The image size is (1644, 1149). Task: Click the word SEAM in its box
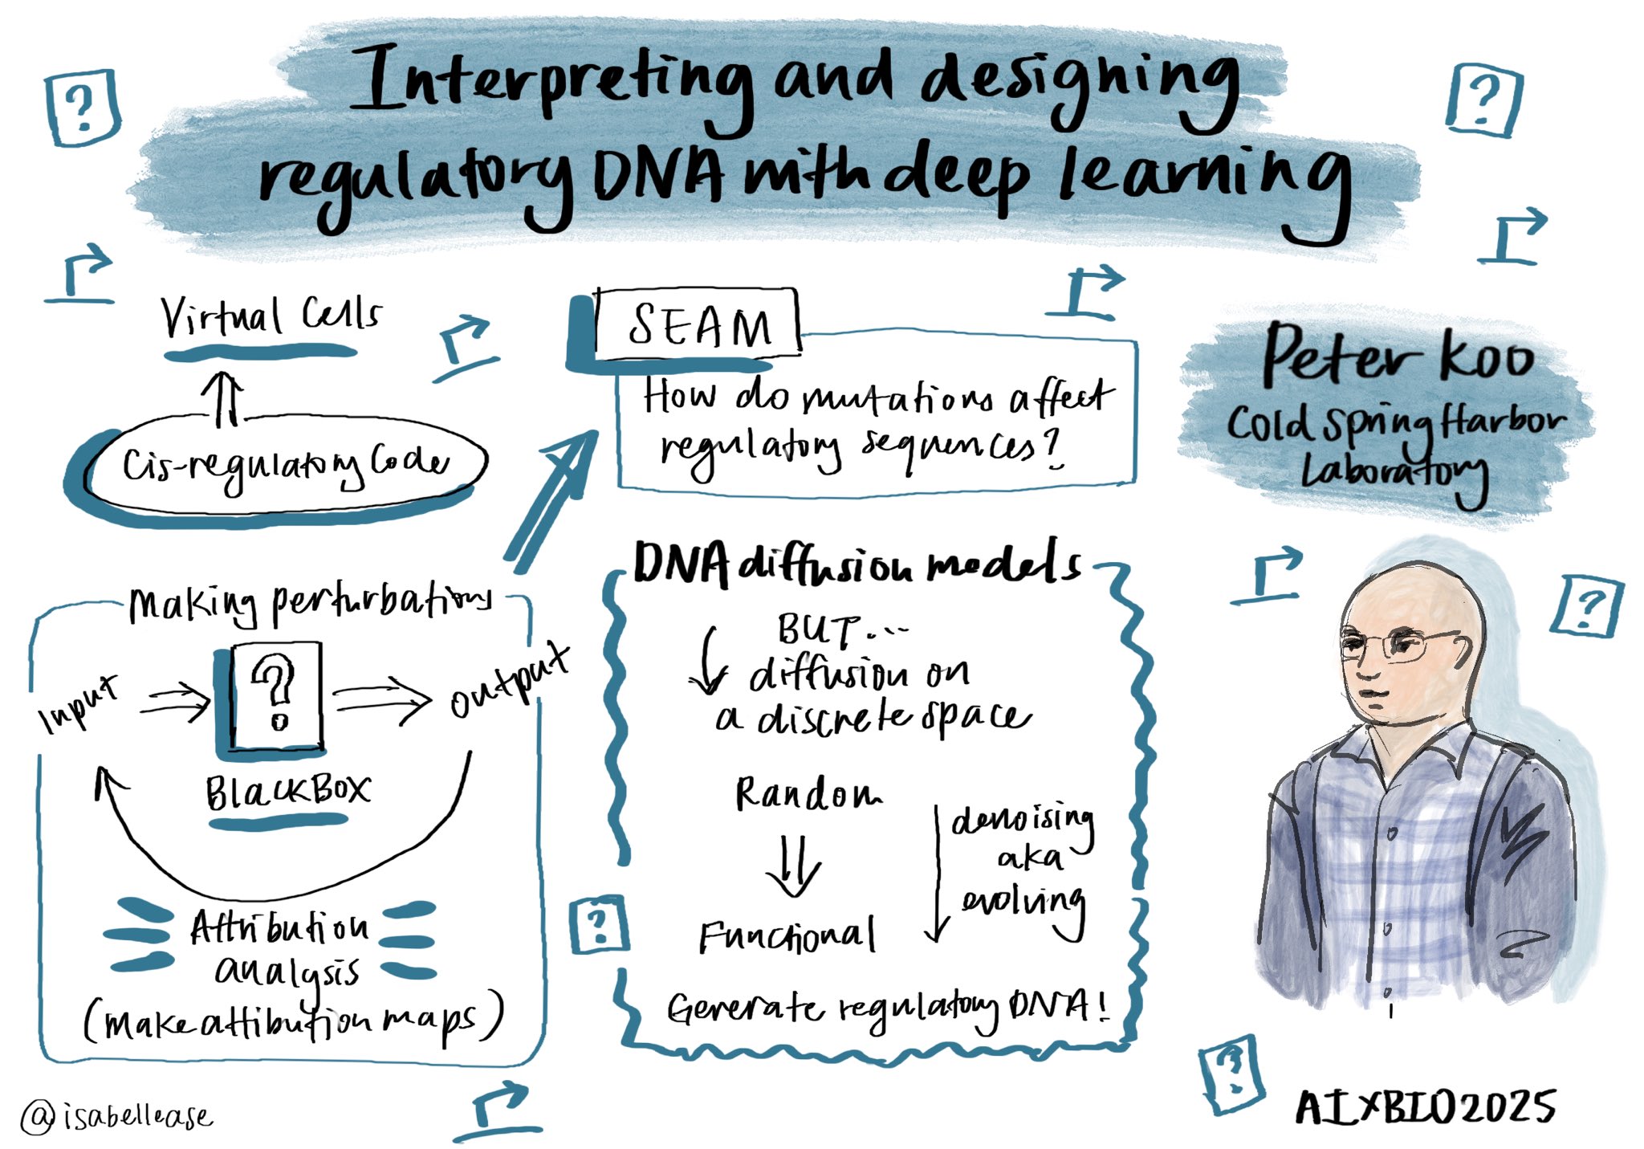coord(698,325)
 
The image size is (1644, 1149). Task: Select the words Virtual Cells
coord(271,316)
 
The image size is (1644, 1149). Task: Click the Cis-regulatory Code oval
coord(285,463)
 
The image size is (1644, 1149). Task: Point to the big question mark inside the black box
coord(275,691)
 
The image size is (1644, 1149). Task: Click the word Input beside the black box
coord(78,703)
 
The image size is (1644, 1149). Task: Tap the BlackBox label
coord(287,792)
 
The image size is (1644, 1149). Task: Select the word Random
coord(808,794)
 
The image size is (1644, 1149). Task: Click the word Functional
coord(787,935)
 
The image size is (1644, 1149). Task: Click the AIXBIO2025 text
coord(1425,1109)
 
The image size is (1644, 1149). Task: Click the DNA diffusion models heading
coord(856,564)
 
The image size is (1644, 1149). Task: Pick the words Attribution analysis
coord(281,948)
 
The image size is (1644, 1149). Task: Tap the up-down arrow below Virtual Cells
coord(222,399)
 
